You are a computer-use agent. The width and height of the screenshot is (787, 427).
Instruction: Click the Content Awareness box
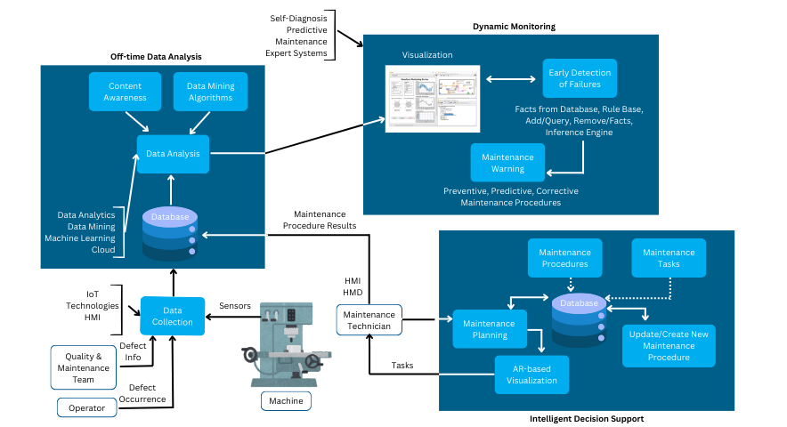125,91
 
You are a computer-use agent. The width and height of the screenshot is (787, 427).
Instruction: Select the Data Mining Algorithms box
209,91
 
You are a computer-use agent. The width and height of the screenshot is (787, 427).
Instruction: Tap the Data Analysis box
173,154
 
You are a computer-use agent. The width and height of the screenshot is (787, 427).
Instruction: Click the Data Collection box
173,316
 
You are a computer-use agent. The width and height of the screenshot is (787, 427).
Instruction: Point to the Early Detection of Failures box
580,78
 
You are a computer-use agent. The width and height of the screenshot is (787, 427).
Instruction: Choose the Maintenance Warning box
507,163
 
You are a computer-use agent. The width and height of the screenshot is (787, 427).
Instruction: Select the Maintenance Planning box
490,329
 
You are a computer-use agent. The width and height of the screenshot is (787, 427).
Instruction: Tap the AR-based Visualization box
531,375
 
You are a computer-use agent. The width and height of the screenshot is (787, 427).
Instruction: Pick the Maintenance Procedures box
564,258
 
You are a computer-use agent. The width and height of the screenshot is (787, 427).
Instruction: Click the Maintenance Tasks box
669,258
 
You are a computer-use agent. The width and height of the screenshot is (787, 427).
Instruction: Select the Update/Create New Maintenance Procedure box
669,345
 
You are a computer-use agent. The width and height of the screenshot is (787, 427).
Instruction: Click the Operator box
86,408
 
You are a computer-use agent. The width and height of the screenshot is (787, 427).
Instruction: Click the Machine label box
286,401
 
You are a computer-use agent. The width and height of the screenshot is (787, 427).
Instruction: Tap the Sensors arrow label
235,305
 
